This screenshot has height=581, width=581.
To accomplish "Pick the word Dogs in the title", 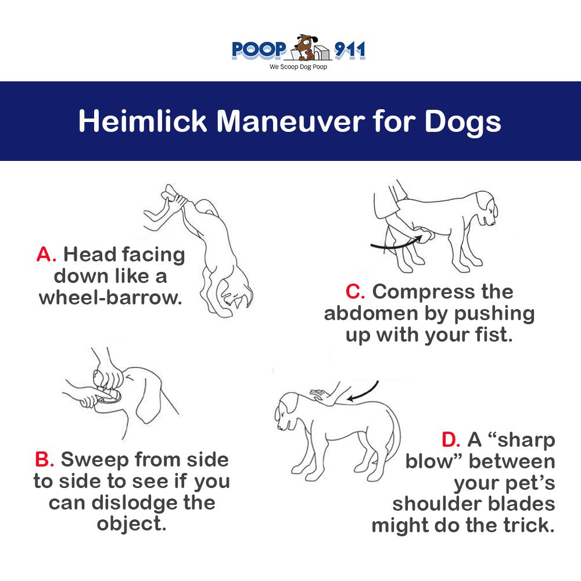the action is (462, 122).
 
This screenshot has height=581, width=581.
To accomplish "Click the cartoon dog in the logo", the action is (306, 47).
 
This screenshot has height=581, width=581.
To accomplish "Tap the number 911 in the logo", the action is (350, 49).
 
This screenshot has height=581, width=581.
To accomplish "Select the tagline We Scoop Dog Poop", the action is (298, 67).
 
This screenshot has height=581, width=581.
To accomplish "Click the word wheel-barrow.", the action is (110, 297).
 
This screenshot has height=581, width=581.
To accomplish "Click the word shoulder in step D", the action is (437, 504).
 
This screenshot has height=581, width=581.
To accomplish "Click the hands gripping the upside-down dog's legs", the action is (175, 199).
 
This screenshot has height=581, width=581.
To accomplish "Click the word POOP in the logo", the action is (259, 50).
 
